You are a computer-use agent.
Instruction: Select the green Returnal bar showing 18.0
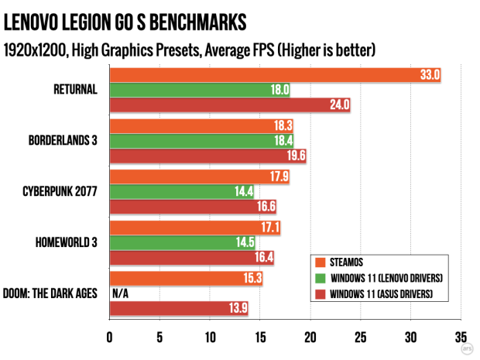point(200,89)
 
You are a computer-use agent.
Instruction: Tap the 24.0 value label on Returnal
point(339,105)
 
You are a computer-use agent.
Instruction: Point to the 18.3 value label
point(282,125)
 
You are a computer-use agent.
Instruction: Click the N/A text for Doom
point(120,293)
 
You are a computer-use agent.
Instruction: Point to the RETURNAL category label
point(74,89)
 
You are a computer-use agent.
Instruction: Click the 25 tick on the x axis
point(360,338)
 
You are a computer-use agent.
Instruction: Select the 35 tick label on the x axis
point(460,338)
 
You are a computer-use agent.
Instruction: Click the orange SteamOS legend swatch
point(319,260)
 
